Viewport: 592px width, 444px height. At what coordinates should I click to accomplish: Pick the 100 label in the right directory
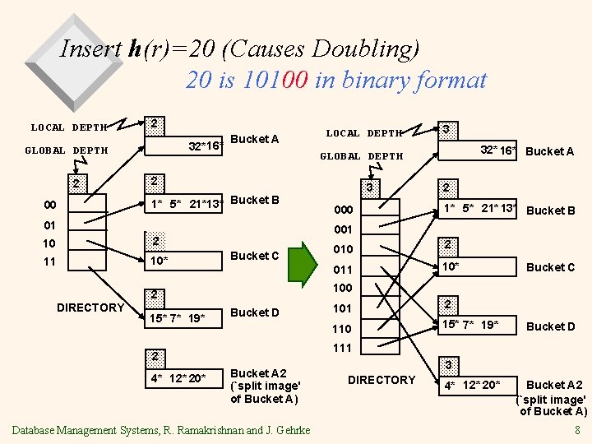[341, 288]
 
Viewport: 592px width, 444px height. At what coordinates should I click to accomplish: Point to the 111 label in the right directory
[341, 348]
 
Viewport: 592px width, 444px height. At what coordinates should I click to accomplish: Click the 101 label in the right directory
[341, 308]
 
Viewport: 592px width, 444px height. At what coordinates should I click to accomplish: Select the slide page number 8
[578, 429]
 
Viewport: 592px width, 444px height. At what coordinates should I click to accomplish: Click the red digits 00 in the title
[293, 80]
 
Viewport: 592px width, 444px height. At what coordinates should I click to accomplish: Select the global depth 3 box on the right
[370, 187]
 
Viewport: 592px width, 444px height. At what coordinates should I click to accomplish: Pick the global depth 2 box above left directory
[76, 183]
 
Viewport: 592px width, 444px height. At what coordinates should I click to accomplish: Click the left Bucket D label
[254, 312]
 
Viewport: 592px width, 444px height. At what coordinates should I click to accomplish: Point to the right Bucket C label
[550, 267]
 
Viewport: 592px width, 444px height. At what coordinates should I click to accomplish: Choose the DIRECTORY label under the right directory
[382, 380]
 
